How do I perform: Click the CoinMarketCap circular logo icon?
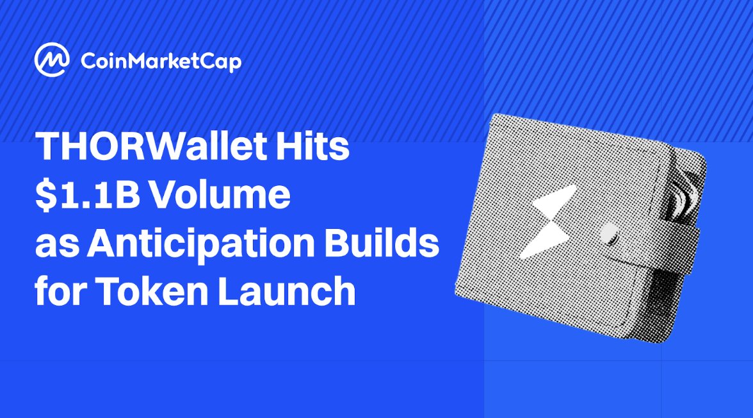click(x=52, y=61)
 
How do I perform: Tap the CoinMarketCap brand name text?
click(x=161, y=62)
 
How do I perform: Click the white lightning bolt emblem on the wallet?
click(x=547, y=221)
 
